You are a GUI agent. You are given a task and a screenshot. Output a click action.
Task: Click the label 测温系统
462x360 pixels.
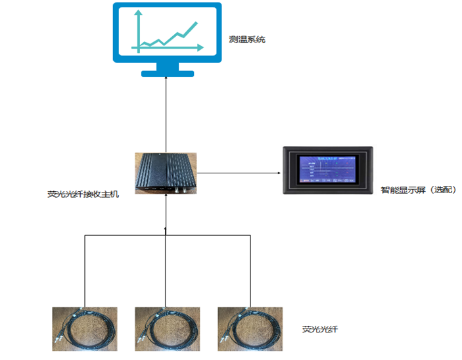pyautogui.click(x=246, y=39)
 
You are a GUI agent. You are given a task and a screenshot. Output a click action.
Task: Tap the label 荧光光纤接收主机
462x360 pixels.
pyautogui.click(x=83, y=194)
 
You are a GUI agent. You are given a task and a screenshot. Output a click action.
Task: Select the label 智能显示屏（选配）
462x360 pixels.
pyautogui.click(x=418, y=191)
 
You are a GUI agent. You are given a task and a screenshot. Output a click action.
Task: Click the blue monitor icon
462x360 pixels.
pyautogui.click(x=167, y=34)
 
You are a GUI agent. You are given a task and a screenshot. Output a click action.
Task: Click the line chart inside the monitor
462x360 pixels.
pyautogui.click(x=167, y=36)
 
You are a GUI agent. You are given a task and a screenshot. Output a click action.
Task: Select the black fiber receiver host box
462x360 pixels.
pyautogui.click(x=166, y=173)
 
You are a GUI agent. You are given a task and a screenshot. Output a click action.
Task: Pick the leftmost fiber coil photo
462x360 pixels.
pyautogui.click(x=85, y=328)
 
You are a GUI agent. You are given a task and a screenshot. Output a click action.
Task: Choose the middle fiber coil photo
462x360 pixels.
pyautogui.click(x=167, y=328)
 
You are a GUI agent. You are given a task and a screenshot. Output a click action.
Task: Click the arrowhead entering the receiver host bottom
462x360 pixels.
pyautogui.click(x=166, y=197)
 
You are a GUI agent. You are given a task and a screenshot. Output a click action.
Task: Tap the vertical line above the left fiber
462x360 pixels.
pyautogui.click(x=85, y=269)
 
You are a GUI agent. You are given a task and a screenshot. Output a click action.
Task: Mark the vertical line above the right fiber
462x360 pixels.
pyautogui.click(x=250, y=269)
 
